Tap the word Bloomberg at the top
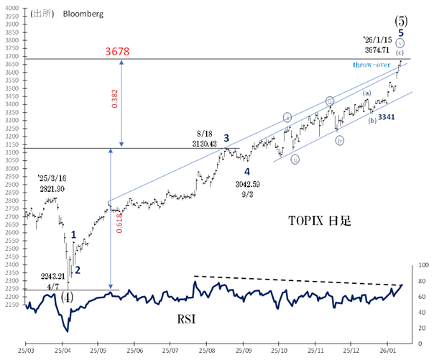pyautogui.click(x=83, y=13)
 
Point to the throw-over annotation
pyautogui.click(x=371, y=65)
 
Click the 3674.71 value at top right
pyautogui.click(x=383, y=50)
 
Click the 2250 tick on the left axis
pyautogui.click(x=11, y=290)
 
